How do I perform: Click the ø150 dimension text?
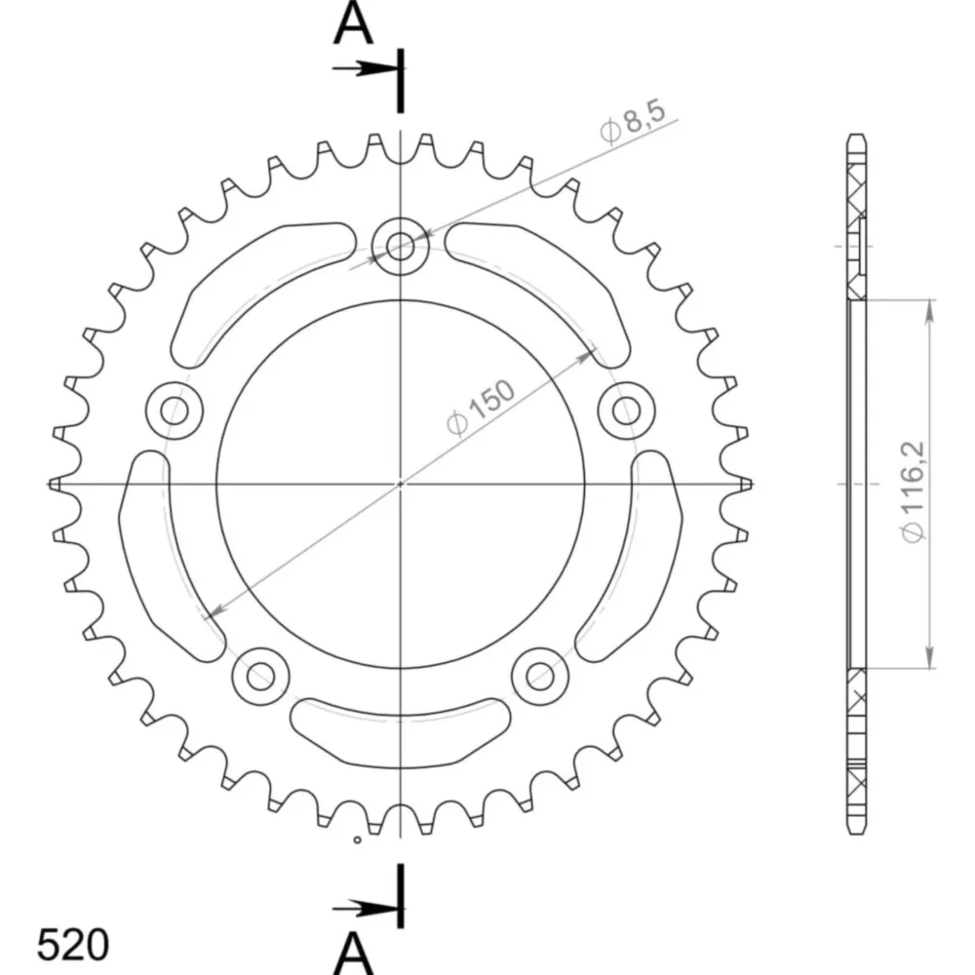pyautogui.click(x=482, y=408)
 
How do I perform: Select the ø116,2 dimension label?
pyautogui.click(x=914, y=491)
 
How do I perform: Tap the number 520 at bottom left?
pyautogui.click(x=73, y=946)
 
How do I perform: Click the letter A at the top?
pyautogui.click(x=353, y=23)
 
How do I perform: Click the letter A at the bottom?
pyautogui.click(x=353, y=954)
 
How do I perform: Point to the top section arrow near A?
pyautogui.click(x=365, y=68)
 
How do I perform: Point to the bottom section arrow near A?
pyautogui.click(x=365, y=909)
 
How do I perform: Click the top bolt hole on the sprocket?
pyautogui.click(x=401, y=247)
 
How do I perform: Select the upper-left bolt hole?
pyautogui.click(x=175, y=410)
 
